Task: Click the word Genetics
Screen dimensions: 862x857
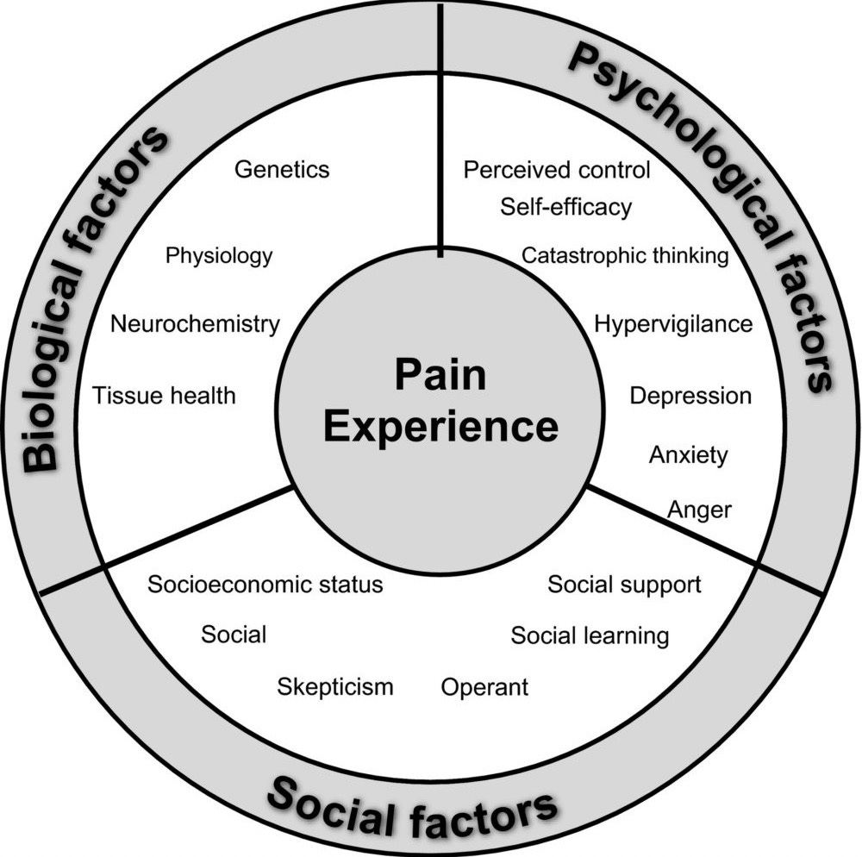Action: pos(282,168)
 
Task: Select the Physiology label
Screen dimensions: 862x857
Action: pos(219,255)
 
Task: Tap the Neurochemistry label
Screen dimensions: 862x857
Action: pos(196,324)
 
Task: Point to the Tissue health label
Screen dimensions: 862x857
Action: pos(164,396)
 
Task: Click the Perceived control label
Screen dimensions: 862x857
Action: pos(557,169)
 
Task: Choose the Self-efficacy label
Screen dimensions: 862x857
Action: pos(565,207)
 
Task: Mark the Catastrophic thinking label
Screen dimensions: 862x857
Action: pos(625,255)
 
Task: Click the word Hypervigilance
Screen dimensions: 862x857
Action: pos(673,324)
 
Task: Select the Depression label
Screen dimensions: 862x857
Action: pos(690,396)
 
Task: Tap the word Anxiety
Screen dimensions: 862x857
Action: pos(688,454)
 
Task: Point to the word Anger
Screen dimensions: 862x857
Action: pos(699,510)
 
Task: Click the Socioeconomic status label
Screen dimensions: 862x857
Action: pos(265,585)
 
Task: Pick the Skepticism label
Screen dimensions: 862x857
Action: pos(335,686)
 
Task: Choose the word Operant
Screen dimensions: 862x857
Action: pos(484,687)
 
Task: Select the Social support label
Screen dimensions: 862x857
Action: pos(625,585)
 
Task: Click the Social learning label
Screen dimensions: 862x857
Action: pos(590,636)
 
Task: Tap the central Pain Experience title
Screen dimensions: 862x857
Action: pos(440,402)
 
